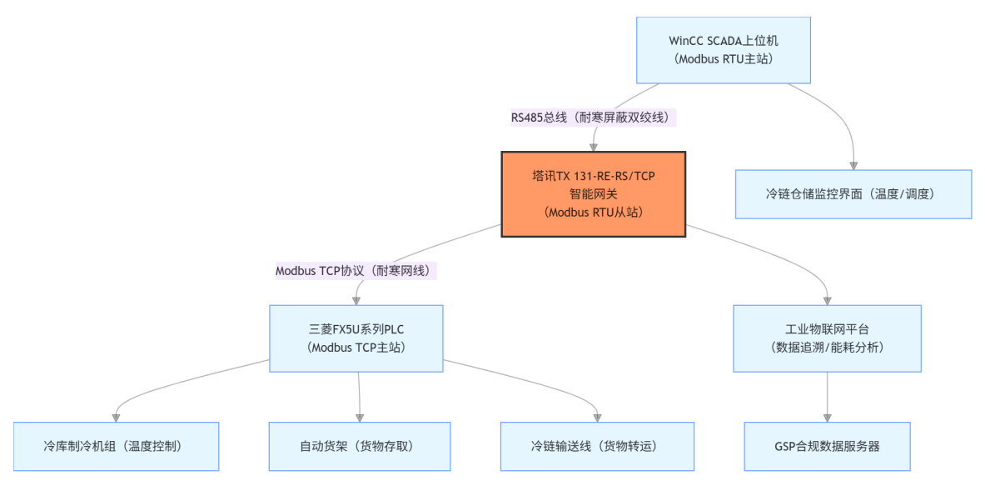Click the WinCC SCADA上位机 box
(724, 49)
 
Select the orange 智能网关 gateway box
(593, 194)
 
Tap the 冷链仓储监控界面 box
(853, 194)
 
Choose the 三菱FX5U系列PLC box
(356, 338)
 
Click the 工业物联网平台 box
(827, 338)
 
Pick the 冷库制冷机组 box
(117, 446)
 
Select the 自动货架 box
(360, 446)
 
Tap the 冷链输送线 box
(596, 446)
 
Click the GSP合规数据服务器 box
(827, 446)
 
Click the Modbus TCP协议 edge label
(356, 270)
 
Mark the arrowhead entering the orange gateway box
(593, 147)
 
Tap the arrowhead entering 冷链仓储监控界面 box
(853, 165)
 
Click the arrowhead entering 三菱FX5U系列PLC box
(356, 300)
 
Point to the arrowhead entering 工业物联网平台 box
(827, 300)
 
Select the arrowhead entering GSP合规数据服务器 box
(827, 417)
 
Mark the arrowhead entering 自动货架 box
(360, 417)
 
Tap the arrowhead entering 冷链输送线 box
(597, 417)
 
